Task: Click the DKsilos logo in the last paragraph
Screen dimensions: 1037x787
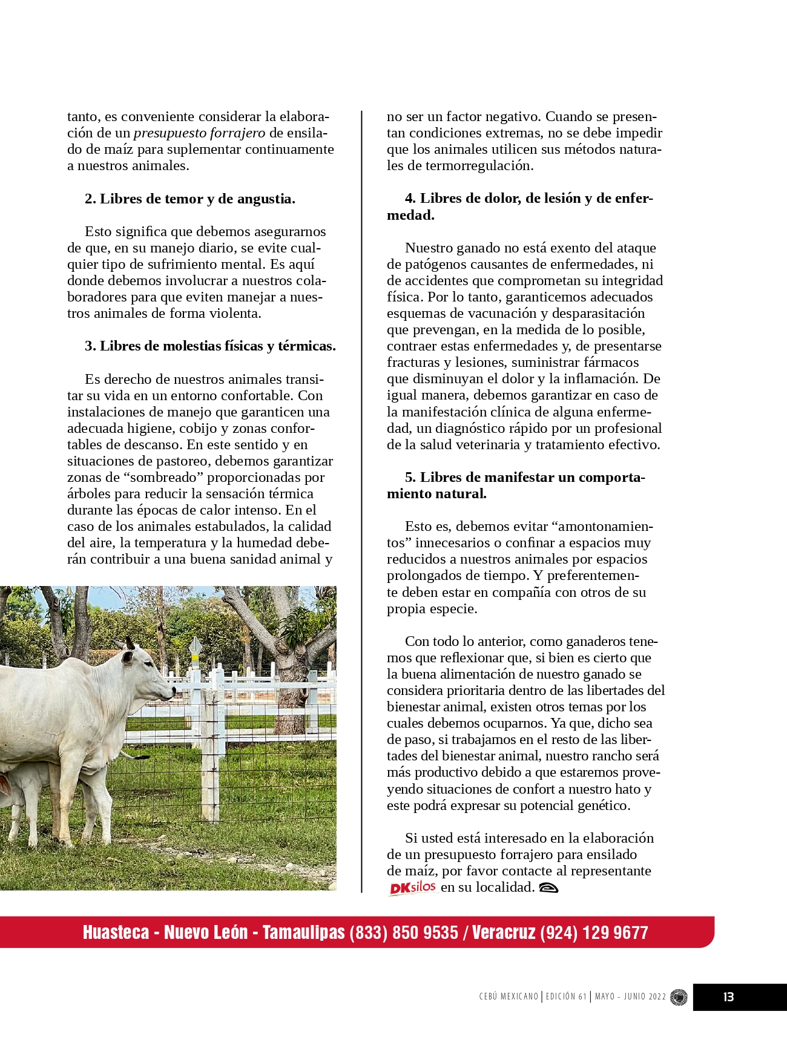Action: coord(413,888)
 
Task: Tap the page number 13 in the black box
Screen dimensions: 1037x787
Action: coord(728,997)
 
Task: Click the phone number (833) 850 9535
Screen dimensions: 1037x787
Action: coord(404,932)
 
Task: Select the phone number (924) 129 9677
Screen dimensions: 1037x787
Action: coord(594,932)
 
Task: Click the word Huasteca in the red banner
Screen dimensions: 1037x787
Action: coord(116,932)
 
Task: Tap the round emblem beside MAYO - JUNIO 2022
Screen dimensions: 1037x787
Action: coord(679,997)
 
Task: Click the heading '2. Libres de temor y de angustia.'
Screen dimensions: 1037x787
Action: coord(190,199)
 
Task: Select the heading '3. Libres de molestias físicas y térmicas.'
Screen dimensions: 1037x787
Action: coord(210,346)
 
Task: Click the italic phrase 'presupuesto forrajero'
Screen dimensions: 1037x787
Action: coord(199,133)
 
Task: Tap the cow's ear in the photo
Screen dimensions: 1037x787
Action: coord(128,657)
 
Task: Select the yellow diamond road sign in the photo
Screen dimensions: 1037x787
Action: coord(195,647)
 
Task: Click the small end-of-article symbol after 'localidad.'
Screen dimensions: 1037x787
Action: coord(548,888)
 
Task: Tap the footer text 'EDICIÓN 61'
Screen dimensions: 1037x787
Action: coord(566,997)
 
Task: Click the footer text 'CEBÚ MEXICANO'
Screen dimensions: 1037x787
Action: coord(509,997)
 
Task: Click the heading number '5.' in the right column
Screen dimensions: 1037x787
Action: coord(410,477)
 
